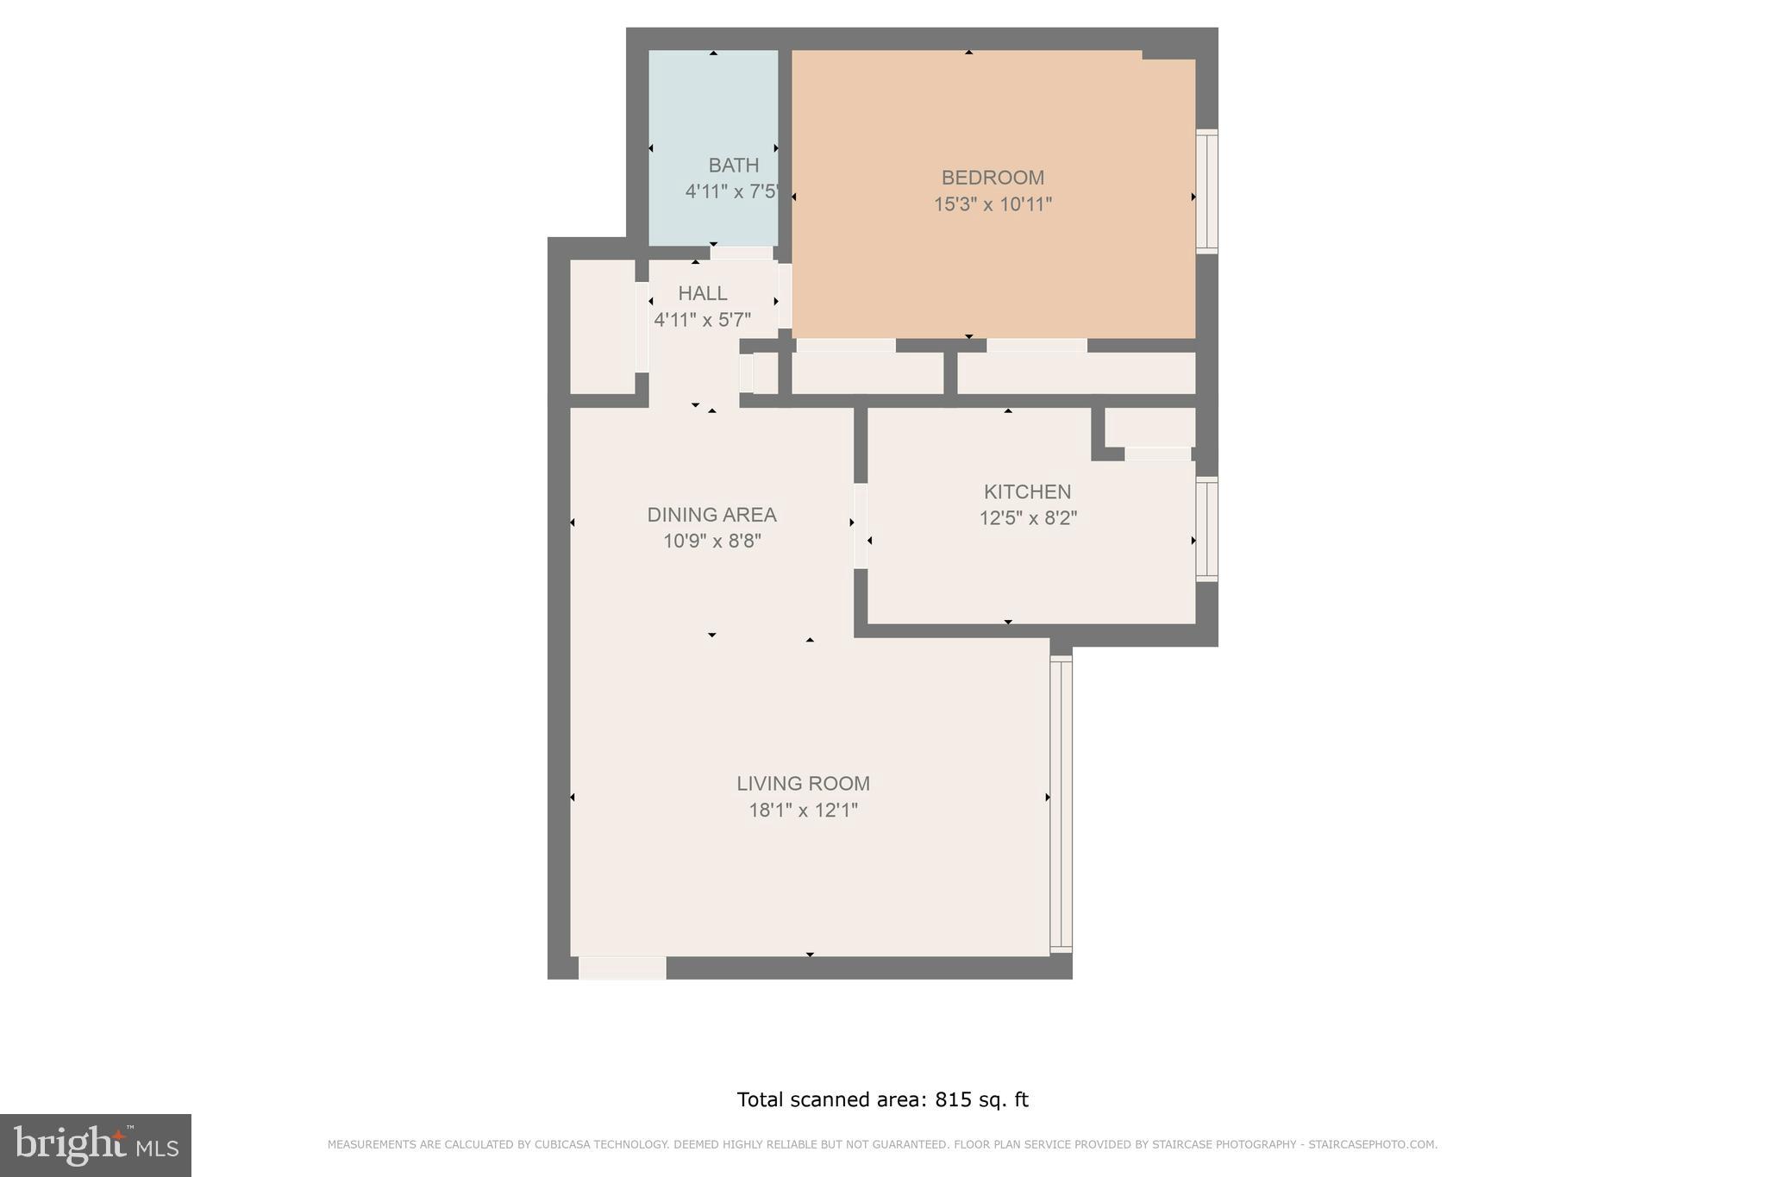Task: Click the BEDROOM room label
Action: coord(993,178)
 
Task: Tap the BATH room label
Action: coord(734,166)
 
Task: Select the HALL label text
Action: coord(702,293)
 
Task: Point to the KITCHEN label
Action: coord(1027,491)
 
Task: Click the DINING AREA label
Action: coord(711,515)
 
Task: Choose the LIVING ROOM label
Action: coord(803,784)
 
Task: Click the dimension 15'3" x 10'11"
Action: coord(993,205)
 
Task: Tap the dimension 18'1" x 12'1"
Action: coord(803,811)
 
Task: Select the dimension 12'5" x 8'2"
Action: coord(1028,518)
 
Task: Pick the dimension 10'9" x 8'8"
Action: coord(711,542)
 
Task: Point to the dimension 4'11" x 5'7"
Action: coord(702,320)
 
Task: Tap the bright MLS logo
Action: coord(96,1145)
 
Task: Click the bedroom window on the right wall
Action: coord(1207,191)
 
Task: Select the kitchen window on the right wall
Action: coord(1207,529)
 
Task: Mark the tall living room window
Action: coord(1061,804)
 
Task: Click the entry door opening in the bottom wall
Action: coord(622,968)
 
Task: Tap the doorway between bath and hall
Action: coord(742,253)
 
